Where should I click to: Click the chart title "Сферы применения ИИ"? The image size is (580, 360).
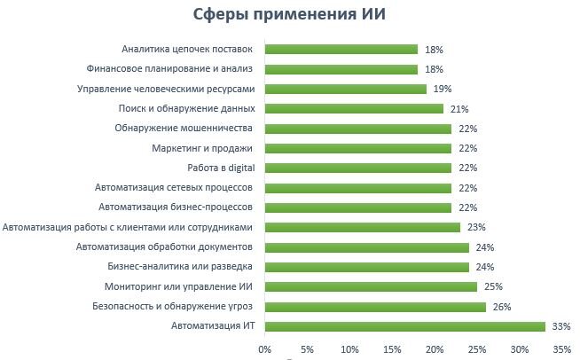click(x=290, y=15)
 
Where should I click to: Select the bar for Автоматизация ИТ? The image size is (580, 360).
click(x=404, y=326)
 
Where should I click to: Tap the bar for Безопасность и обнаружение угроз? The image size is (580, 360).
click(x=375, y=307)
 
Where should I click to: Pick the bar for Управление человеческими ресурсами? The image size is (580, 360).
click(x=346, y=89)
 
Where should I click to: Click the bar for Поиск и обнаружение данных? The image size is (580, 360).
click(x=354, y=108)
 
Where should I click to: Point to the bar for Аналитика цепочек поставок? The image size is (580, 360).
click(x=341, y=50)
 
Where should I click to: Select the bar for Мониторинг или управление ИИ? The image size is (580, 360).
click(x=371, y=286)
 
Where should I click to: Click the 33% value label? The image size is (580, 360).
click(x=560, y=326)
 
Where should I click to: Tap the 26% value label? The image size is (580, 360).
click(x=501, y=307)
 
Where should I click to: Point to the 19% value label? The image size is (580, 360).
click(x=443, y=89)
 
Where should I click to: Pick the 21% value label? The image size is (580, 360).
click(x=459, y=108)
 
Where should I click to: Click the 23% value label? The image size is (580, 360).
click(x=476, y=227)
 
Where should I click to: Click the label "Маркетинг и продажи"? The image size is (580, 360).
click(x=202, y=148)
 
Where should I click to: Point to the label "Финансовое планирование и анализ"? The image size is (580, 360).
click(x=170, y=69)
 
